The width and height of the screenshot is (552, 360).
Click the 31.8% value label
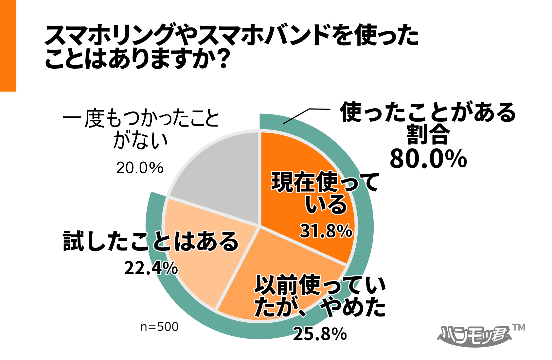[326, 231]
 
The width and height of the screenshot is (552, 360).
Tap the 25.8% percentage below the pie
[320, 334]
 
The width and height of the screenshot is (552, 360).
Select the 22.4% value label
[151, 268]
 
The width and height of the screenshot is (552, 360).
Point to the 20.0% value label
[140, 168]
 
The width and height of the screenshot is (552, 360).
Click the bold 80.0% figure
[428, 159]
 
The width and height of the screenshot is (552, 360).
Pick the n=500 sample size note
[159, 327]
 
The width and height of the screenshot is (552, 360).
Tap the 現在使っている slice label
[325, 193]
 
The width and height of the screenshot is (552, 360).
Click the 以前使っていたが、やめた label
[320, 296]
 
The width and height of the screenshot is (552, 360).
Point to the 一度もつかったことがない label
[141, 129]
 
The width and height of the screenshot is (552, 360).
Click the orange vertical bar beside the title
[8, 45]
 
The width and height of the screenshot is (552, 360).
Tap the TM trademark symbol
[518, 328]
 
